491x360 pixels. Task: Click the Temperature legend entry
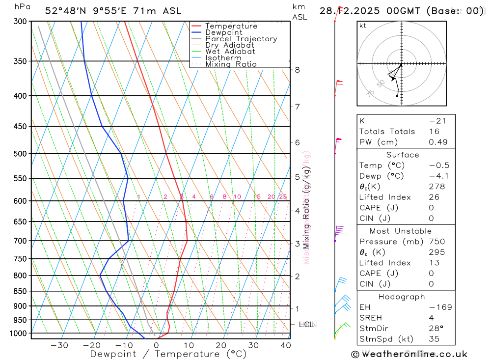tap(231, 26)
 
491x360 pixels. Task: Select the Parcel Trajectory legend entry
tap(241, 39)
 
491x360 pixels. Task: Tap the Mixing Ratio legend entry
tap(231, 64)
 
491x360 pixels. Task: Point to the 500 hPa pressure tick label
tap(20, 154)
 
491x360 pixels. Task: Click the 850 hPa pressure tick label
tap(20, 291)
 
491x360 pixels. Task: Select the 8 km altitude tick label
tap(297, 70)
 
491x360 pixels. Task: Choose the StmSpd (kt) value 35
tap(434, 339)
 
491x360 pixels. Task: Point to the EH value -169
tap(440, 307)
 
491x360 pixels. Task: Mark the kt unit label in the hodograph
tap(363, 26)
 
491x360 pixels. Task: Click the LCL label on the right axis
tap(305, 325)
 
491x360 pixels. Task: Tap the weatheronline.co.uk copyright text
tap(409, 354)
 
